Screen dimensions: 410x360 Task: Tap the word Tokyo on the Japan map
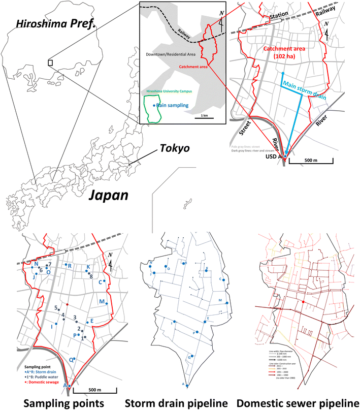[173, 149]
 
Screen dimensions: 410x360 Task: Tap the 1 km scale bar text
[204, 116]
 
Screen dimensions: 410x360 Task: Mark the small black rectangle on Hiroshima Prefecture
[50, 62]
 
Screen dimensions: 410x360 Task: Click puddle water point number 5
[56, 308]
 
